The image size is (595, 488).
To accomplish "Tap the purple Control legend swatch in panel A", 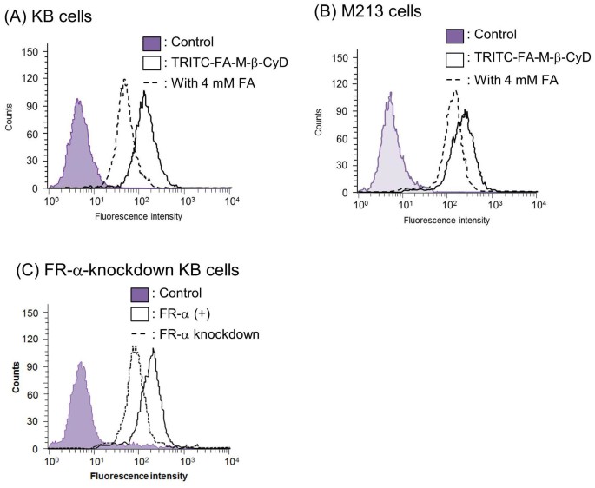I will [151, 42].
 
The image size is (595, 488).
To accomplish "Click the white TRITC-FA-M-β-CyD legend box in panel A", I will [151, 62].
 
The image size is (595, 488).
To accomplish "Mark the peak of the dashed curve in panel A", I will [125, 80].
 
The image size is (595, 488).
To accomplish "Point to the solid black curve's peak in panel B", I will [466, 110].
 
